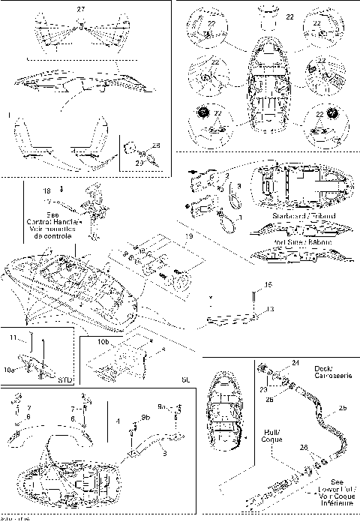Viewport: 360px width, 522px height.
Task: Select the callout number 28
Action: click(x=156, y=145)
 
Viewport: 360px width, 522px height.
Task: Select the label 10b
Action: click(x=105, y=341)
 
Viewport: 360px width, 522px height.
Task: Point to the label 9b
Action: click(x=145, y=417)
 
